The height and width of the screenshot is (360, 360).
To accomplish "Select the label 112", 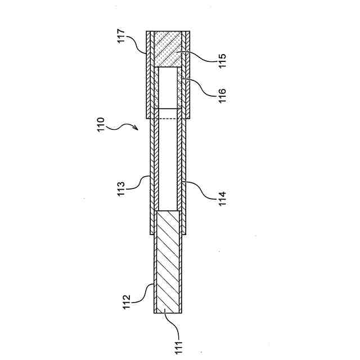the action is click(x=127, y=301).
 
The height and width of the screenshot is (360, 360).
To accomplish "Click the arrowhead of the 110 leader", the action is click(x=137, y=128).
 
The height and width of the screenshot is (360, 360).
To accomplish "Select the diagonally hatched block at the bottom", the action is click(x=168, y=262).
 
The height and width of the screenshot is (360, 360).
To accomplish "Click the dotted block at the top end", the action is click(x=168, y=48).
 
